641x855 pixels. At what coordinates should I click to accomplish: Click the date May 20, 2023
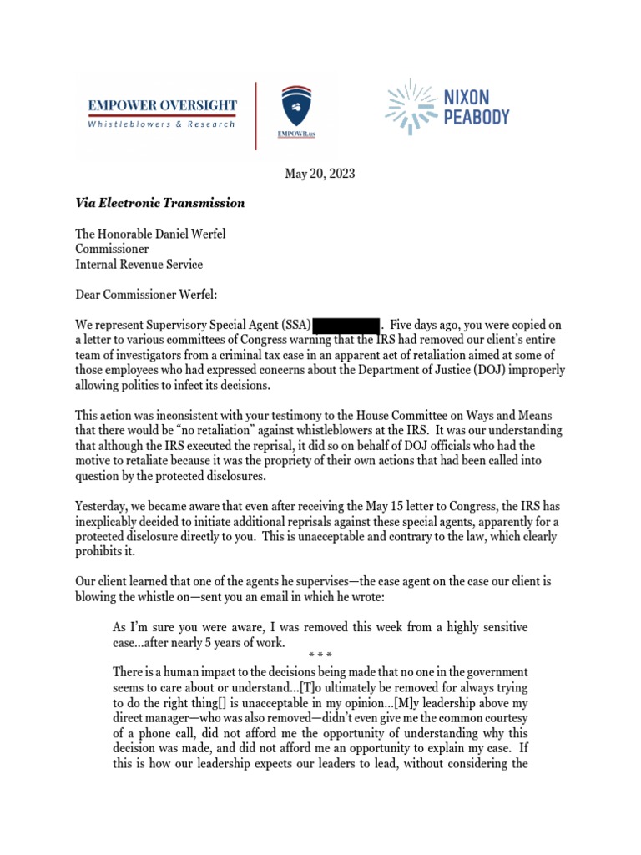coord(320,174)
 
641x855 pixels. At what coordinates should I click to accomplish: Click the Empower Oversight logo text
coord(162,106)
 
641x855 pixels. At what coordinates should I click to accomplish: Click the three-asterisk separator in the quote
coord(320,656)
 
